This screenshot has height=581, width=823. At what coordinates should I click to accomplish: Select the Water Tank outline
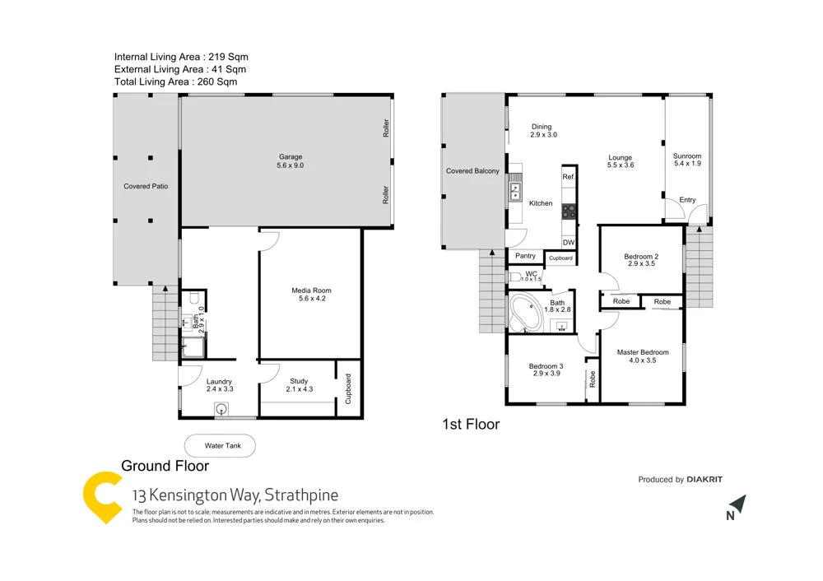pos(219,446)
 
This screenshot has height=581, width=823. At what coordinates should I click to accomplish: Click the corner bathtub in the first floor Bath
pos(524,314)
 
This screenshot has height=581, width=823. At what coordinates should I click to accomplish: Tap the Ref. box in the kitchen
pos(569,177)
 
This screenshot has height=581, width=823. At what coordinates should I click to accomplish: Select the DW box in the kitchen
pos(569,242)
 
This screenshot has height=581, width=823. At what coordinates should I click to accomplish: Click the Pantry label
pos(525,257)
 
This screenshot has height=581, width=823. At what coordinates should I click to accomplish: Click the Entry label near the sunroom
pos(686,200)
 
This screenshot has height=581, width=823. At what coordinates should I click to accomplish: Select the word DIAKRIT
pos(704,479)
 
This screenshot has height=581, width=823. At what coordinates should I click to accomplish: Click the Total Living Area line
pos(175,81)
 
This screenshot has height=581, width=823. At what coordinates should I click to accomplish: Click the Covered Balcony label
pos(472,171)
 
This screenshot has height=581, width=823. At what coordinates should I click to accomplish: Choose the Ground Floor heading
pos(165,466)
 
